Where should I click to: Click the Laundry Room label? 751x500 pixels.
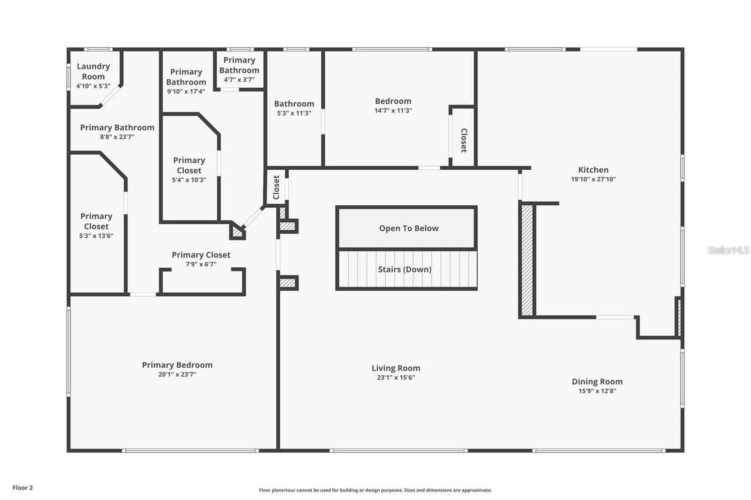(x=93, y=71)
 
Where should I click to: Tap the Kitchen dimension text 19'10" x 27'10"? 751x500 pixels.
(x=593, y=179)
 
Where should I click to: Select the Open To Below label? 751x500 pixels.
(x=409, y=228)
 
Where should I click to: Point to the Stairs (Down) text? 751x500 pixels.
(x=405, y=269)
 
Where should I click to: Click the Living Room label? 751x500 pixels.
(x=396, y=368)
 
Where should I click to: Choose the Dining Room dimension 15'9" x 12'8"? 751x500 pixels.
(x=597, y=391)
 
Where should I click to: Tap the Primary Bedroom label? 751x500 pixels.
(x=177, y=365)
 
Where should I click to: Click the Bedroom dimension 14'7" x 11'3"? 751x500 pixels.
(x=393, y=111)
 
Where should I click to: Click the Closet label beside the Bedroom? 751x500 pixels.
(x=464, y=140)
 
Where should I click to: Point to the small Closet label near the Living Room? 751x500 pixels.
(x=276, y=187)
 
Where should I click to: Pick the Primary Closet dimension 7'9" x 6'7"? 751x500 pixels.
(x=201, y=265)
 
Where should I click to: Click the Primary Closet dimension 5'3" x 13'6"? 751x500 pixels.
(x=96, y=236)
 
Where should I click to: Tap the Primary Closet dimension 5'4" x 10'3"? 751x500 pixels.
(x=189, y=180)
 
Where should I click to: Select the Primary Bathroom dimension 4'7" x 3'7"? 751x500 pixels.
(x=239, y=80)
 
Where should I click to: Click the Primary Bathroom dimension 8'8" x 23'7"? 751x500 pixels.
(x=117, y=137)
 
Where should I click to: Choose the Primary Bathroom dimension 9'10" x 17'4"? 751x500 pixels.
(x=186, y=91)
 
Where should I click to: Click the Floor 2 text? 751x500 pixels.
(x=23, y=488)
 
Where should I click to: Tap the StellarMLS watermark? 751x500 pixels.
(x=728, y=250)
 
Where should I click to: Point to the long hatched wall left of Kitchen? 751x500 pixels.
(x=527, y=260)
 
